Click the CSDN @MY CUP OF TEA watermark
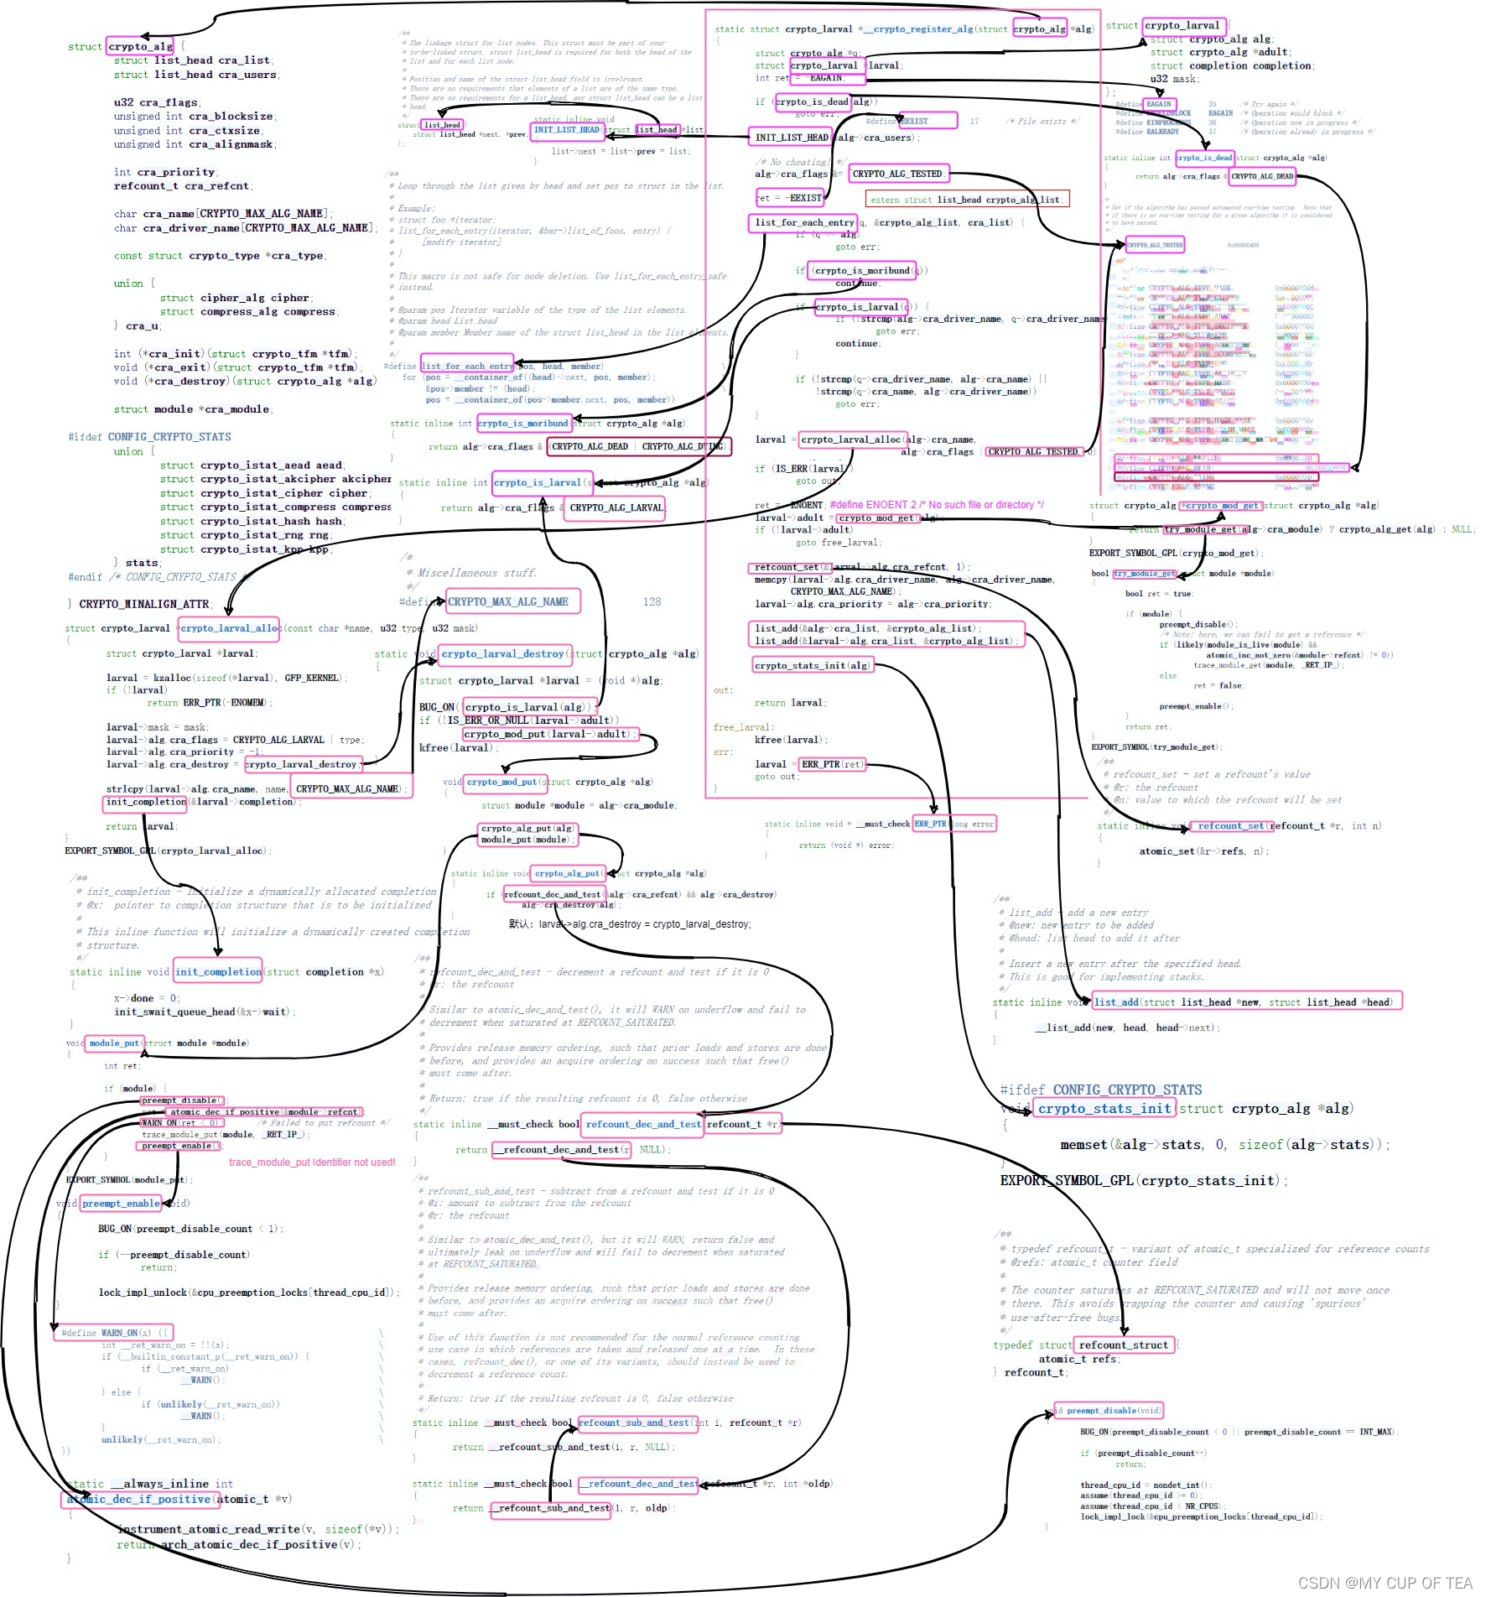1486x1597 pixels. click(1385, 1583)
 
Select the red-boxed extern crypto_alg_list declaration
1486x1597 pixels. click(967, 200)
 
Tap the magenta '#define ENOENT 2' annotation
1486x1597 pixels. click(937, 505)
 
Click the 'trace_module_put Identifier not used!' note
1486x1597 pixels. click(312, 1163)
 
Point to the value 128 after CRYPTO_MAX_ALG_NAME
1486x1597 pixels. click(652, 601)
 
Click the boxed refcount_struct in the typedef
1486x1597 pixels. click(1123, 1345)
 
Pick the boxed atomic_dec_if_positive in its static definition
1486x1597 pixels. click(138, 1499)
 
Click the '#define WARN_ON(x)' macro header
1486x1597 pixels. click(114, 1333)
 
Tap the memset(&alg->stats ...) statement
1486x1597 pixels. click(1224, 1145)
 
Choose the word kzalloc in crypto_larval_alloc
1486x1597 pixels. click(172, 678)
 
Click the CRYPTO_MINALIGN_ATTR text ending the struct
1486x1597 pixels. click(145, 604)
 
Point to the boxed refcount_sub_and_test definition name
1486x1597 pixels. click(634, 1423)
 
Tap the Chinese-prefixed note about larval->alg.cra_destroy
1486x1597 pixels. click(630, 924)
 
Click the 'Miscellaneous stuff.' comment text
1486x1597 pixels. click(477, 573)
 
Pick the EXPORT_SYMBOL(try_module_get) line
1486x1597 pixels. click(1157, 746)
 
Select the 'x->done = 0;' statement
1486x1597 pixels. click(147, 998)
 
